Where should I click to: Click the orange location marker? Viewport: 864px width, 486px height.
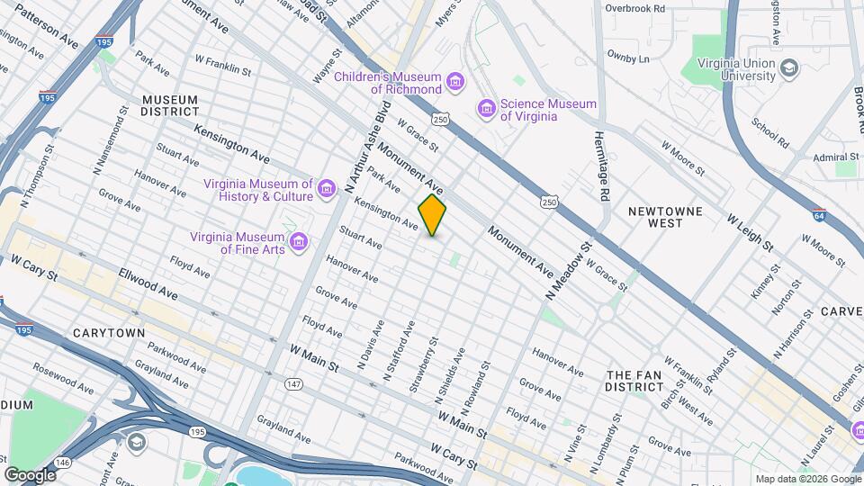tap(432, 215)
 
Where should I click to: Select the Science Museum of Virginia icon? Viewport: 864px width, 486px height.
tap(487, 109)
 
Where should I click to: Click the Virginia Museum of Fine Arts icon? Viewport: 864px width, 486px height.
tap(299, 244)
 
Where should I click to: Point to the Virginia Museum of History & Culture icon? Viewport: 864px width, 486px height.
tap(326, 190)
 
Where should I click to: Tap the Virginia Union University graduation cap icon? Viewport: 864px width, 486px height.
tap(789, 68)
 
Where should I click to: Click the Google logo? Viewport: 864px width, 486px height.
tap(31, 474)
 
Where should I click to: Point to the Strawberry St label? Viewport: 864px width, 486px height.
tap(415, 366)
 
